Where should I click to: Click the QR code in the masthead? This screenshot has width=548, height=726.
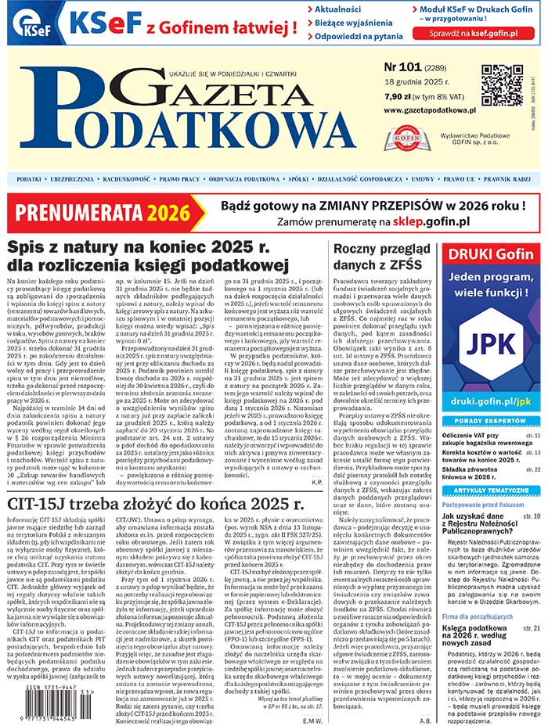pos(502,84)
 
